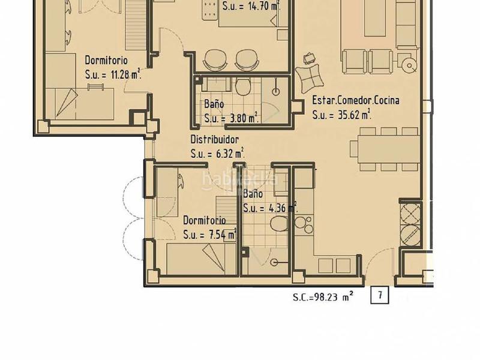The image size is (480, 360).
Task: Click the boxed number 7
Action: pyautogui.click(x=380, y=295)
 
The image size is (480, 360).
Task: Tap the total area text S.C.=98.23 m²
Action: pyautogui.click(x=323, y=296)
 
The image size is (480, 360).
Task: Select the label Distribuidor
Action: pyautogui.click(x=215, y=140)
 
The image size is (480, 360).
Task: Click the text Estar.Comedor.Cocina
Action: pyautogui.click(x=356, y=100)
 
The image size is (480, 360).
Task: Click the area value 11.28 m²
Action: pyautogui.click(x=126, y=74)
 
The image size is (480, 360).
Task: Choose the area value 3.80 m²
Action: pyautogui.click(x=244, y=118)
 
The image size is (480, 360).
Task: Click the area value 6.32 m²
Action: pyautogui.click(x=230, y=153)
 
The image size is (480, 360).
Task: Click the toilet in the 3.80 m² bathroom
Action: pyautogui.click(x=244, y=86)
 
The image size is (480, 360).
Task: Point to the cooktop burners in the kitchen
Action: pyautogui.click(x=303, y=226)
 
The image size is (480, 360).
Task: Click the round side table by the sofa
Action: pyautogui.click(x=409, y=65)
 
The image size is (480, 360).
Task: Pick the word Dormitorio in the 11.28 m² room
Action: pyautogui.click(x=106, y=60)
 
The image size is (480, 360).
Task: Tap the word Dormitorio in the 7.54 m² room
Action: pyautogui.click(x=205, y=220)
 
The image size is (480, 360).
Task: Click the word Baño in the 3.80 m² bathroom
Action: pyautogui.click(x=214, y=104)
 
